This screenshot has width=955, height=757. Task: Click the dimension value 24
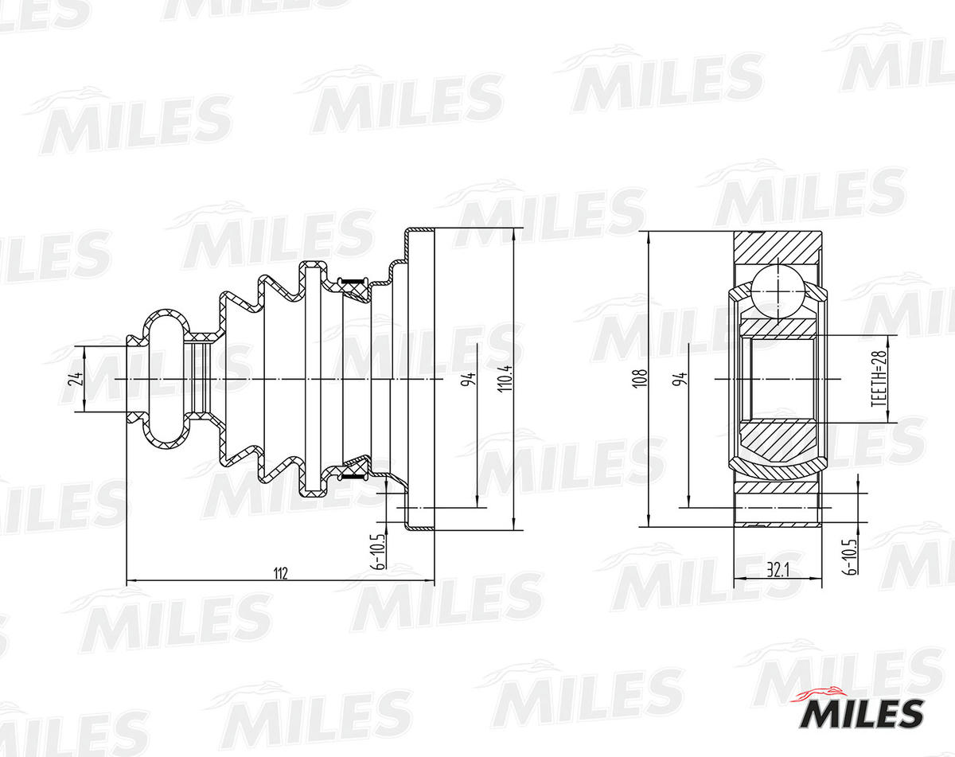point(76,379)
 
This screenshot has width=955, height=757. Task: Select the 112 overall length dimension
point(279,573)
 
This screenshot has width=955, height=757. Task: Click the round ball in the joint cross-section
point(777,290)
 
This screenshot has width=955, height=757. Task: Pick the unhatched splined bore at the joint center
point(777,379)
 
